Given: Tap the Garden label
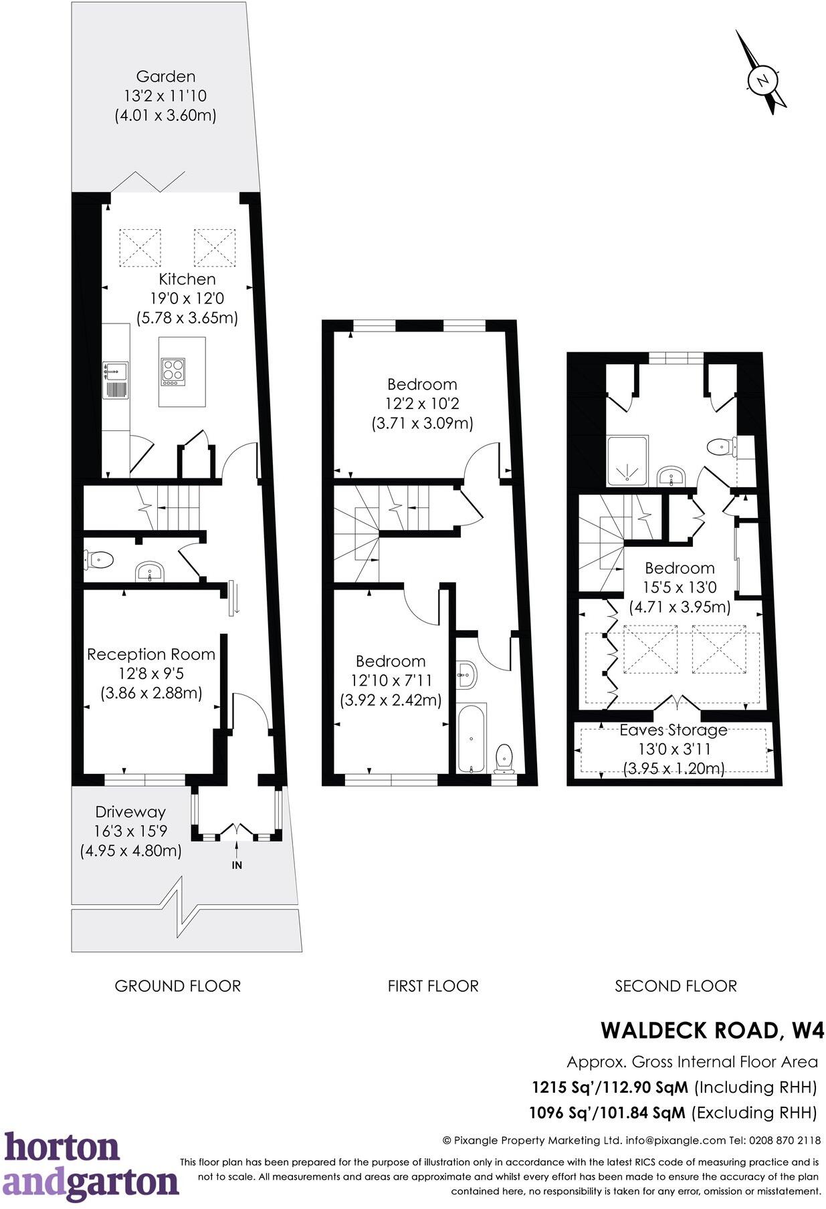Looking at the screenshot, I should (x=165, y=76).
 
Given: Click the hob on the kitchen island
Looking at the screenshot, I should (x=172, y=372).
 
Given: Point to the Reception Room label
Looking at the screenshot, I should (x=151, y=654).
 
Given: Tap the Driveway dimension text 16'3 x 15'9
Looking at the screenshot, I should (x=130, y=831).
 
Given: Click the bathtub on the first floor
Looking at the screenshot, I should (x=472, y=737).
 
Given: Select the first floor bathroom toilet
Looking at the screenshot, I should (x=504, y=758).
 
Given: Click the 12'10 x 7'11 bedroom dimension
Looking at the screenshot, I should (x=391, y=680).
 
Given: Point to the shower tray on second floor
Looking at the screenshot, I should (x=627, y=461).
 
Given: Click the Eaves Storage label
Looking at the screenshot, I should (x=673, y=730).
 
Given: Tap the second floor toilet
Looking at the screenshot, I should (x=722, y=446).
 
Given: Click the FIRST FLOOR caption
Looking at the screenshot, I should (x=433, y=986).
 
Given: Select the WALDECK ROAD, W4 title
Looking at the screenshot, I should (x=712, y=1030).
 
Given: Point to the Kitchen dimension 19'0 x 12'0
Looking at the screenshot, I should (x=187, y=298).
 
